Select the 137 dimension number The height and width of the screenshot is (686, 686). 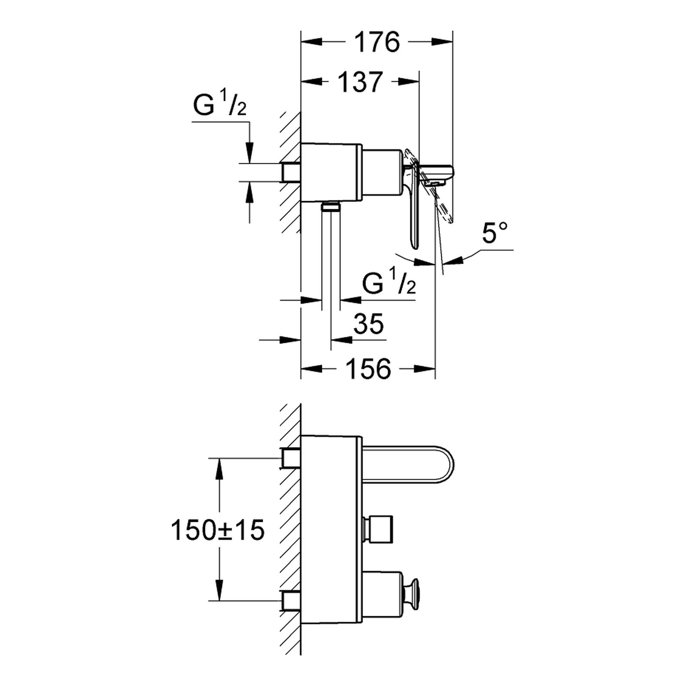[360, 81]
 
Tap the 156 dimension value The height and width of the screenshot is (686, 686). [369, 368]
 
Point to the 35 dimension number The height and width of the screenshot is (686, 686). [369, 323]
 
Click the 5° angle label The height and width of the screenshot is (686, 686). [495, 232]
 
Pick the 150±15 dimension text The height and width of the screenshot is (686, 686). [218, 530]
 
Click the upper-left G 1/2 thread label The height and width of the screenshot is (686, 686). [220, 105]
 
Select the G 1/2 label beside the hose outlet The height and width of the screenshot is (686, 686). [389, 283]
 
